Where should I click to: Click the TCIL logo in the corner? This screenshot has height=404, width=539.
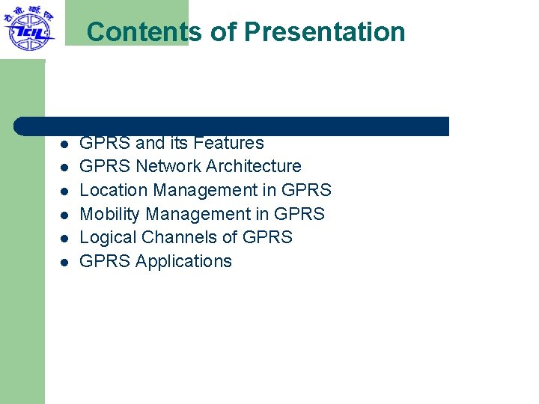pos(28,28)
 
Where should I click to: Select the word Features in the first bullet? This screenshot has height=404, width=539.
pos(228,143)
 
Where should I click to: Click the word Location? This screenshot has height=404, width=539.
pos(110,190)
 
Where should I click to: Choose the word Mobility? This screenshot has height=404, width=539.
pos(109,214)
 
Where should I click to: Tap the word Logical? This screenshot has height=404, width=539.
pos(108,238)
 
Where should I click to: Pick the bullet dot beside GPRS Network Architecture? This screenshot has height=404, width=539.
pos(65,168)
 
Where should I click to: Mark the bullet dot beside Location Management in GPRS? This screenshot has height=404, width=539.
pos(65,192)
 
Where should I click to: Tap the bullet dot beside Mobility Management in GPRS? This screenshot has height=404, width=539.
pos(65,215)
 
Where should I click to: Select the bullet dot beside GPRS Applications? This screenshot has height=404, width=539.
pos(65,263)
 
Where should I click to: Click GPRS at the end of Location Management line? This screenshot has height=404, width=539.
pos(306,190)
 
